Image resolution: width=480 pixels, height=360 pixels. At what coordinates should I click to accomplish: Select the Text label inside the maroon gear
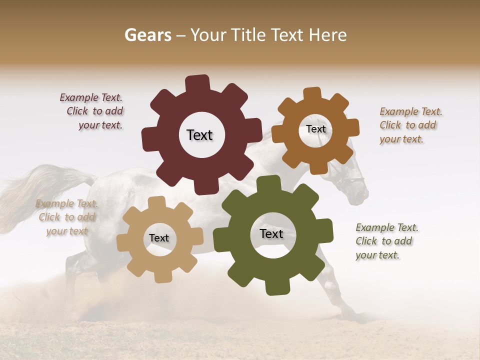[x=199, y=135]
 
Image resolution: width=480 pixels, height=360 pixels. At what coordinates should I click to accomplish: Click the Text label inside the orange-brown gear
[x=315, y=129]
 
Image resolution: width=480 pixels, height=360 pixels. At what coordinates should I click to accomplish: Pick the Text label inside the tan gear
[x=159, y=238]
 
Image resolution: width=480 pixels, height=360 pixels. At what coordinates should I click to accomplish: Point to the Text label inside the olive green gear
[x=271, y=233]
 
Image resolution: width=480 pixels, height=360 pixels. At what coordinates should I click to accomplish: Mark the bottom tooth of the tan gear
[x=161, y=275]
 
